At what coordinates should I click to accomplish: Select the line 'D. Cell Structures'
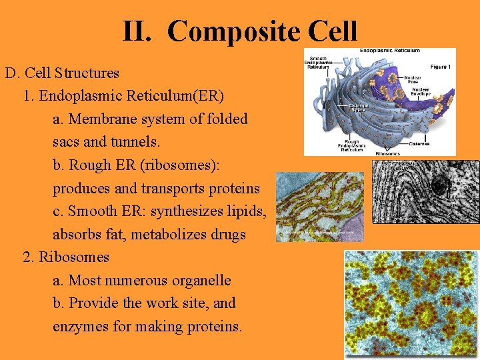[62, 73]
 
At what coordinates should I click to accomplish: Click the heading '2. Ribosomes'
[66, 257]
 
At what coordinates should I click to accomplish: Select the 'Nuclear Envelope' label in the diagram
[421, 93]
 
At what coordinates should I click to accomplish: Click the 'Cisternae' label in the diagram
[419, 143]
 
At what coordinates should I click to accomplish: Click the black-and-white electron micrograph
[425, 191]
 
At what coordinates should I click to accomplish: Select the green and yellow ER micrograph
[320, 207]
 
